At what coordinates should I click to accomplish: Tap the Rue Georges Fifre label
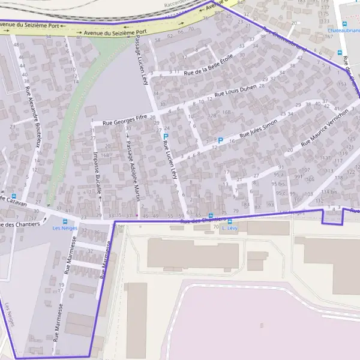click(x=125, y=120)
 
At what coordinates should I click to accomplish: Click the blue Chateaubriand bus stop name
click(x=343, y=29)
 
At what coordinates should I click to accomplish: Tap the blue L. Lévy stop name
click(x=227, y=228)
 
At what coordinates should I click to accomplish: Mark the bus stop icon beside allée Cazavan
click(x=14, y=196)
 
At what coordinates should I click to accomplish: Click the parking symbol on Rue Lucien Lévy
click(x=166, y=137)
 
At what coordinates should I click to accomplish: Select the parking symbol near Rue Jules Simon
click(x=220, y=141)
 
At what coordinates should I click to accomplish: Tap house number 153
click(x=341, y=85)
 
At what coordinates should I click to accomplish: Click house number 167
click(x=328, y=36)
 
